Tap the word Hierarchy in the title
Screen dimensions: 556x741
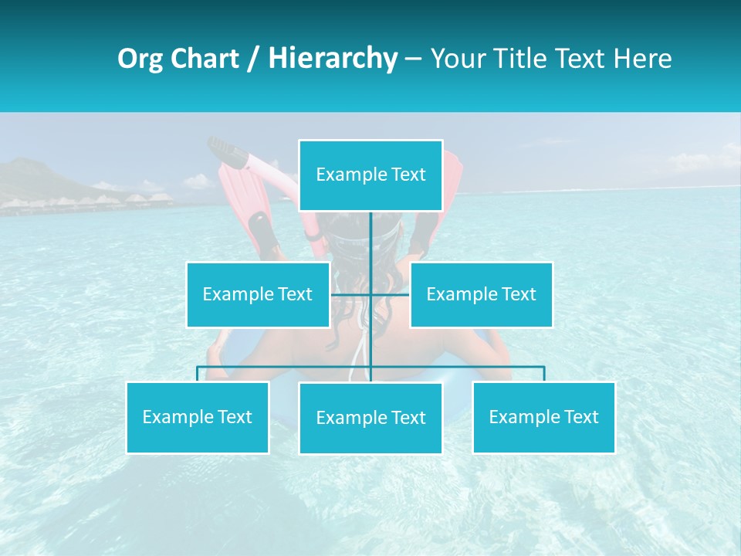pos(333,59)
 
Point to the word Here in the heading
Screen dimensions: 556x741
pos(642,59)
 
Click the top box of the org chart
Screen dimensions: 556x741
pos(370,175)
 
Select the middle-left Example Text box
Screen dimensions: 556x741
pos(258,294)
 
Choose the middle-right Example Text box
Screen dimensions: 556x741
pos(481,294)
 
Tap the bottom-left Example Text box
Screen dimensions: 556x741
pos(198,418)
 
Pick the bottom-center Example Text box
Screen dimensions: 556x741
pos(370,419)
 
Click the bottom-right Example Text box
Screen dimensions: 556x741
pos(544,418)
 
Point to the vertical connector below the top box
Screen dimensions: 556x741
pos(371,239)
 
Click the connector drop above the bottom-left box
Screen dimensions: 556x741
pos(198,374)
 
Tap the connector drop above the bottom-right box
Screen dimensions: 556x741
pos(544,374)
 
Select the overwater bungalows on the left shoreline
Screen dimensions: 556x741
pos(85,202)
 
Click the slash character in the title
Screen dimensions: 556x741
pos(253,59)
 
